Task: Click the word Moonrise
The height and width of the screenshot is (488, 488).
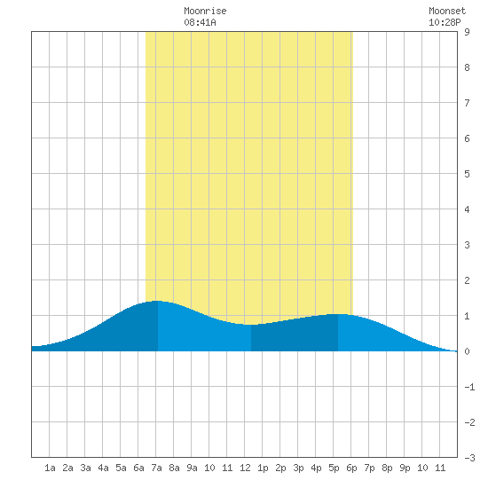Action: click(205, 11)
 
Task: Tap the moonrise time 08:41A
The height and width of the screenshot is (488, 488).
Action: click(200, 22)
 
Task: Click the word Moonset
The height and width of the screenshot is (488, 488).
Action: click(447, 11)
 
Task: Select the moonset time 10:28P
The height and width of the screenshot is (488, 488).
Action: click(445, 22)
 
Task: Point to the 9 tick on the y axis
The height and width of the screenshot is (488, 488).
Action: click(467, 32)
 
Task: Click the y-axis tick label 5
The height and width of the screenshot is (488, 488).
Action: click(467, 174)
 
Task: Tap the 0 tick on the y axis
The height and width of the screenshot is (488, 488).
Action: click(467, 351)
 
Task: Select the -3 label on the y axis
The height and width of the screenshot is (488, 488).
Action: click(469, 458)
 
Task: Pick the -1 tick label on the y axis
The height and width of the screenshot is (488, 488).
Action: click(469, 387)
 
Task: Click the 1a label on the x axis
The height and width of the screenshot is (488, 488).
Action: click(50, 468)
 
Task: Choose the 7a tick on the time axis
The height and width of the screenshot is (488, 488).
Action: click(156, 468)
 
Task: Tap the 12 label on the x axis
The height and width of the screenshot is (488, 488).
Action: click(245, 468)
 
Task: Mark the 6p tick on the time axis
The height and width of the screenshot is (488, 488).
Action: click(351, 468)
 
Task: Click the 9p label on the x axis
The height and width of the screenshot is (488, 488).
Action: click(405, 468)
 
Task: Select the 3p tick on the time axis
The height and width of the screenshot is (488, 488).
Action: click(298, 468)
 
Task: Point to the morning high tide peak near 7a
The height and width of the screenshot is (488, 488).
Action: click(157, 301)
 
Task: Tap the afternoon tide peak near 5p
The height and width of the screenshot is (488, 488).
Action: click(338, 314)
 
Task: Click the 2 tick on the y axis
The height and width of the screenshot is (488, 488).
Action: click(467, 280)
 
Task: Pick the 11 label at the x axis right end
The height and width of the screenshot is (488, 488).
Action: click(440, 468)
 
